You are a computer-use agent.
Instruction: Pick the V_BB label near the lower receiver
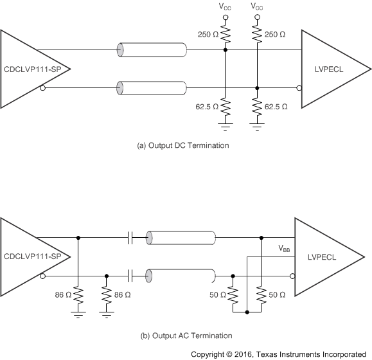pos(284,248)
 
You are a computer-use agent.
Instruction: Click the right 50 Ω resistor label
pos(278,296)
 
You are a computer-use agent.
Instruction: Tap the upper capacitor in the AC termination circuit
pos(130,238)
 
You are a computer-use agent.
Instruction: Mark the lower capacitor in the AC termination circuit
pos(130,276)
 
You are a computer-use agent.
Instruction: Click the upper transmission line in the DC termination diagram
pos(152,50)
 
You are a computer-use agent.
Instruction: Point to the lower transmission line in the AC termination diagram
pos(180,276)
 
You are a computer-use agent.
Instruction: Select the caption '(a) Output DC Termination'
pos(183,145)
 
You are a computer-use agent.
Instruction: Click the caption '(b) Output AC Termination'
pos(185,336)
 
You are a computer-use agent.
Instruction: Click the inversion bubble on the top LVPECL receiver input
pos(299,87)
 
